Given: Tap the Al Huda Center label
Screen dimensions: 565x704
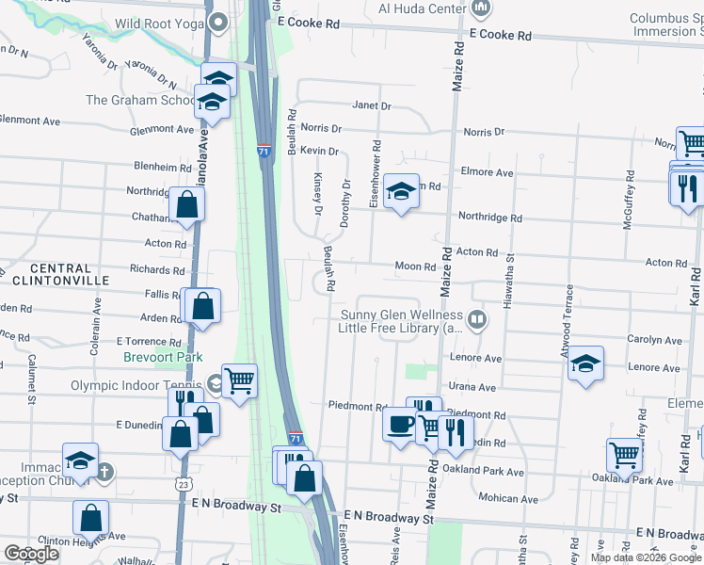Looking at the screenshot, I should pos(422,8).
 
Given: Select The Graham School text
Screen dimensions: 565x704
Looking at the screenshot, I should pos(139,100).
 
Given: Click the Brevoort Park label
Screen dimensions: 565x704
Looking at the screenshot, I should pos(163,357).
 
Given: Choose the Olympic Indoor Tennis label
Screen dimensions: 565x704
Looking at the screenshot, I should pos(136,385).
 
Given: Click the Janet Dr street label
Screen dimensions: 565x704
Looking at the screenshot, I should pos(371,106).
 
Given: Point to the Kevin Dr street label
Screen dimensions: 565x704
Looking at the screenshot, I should pos(319,151).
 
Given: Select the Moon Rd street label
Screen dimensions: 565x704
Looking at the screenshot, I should pos(413,266).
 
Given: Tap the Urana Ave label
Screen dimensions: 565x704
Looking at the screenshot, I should pos(472,387).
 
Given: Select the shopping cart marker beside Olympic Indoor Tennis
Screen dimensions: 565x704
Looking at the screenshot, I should pos(240,380).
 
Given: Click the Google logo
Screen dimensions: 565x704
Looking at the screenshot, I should pos(31,554).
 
